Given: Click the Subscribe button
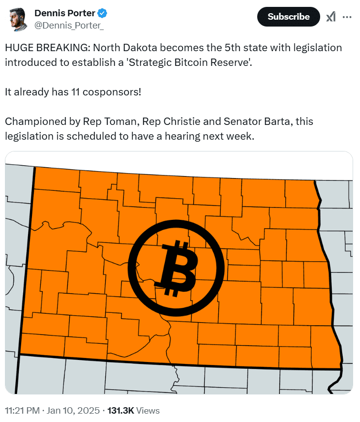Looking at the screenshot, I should click(289, 17).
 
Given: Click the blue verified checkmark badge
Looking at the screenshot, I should click(100, 12).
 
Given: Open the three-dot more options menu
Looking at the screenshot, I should click(347, 17).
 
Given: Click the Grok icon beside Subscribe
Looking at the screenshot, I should click(331, 17).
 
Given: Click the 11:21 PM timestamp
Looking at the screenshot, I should click(22, 410).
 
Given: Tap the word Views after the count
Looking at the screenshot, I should click(148, 410).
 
